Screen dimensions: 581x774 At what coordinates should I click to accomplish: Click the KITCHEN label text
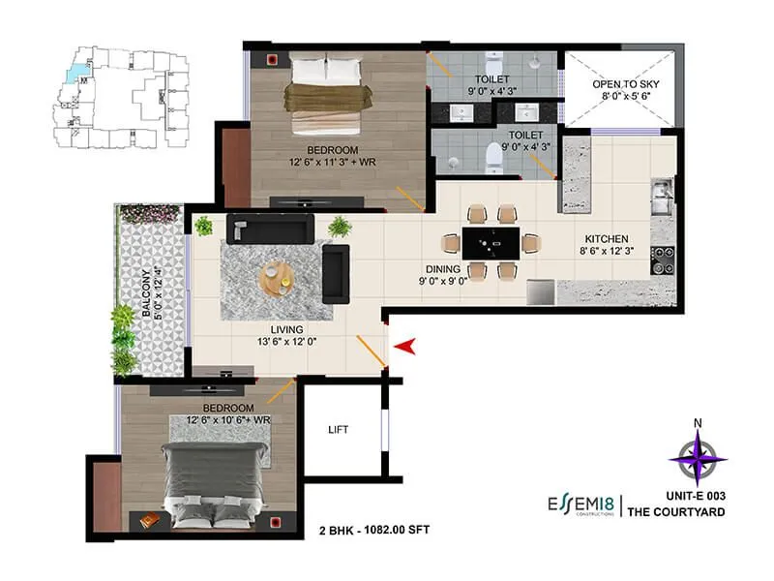[x=607, y=239]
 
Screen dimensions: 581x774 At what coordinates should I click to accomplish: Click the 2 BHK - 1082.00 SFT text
[x=373, y=530]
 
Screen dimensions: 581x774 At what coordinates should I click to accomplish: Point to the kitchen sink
[x=661, y=199]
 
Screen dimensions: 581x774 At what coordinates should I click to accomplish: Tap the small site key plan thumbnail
[x=117, y=98]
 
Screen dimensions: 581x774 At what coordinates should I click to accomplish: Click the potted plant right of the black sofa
[x=340, y=227]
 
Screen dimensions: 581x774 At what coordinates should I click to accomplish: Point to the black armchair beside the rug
[x=335, y=272]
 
